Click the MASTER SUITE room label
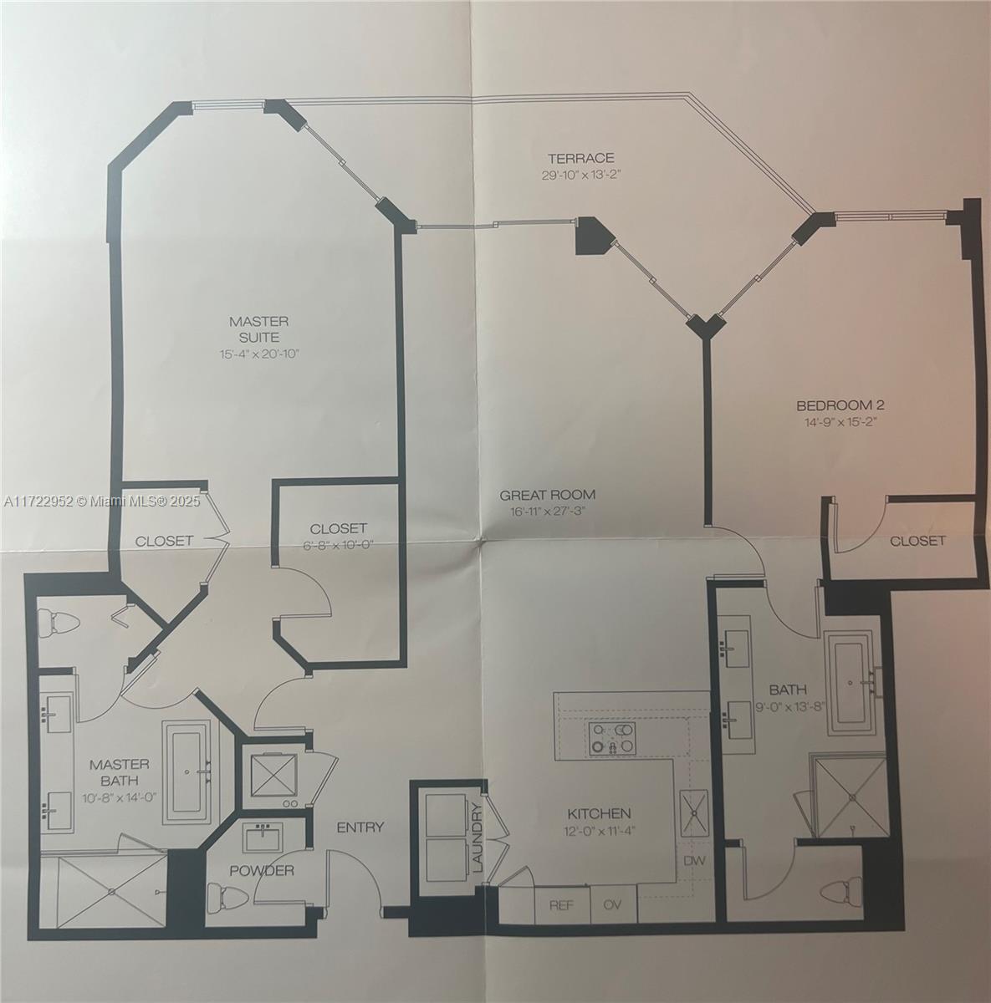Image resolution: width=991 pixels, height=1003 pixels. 258,328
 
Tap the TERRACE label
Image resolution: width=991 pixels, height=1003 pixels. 581,158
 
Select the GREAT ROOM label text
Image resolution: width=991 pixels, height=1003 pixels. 548,495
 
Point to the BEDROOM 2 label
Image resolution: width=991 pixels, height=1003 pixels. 840,405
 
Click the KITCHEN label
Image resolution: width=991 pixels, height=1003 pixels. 599,813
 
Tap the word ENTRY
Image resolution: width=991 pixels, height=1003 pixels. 360,827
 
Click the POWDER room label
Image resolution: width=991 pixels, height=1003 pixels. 263,871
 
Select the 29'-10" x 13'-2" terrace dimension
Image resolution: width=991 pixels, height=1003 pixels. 581,176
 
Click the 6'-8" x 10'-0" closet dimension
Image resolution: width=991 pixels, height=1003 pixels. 338,546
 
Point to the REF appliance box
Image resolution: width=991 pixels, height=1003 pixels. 559,904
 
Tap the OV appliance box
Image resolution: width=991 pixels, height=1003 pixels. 614,904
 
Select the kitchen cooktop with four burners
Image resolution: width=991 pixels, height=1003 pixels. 610,739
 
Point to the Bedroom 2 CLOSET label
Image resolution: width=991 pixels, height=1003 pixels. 917,541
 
